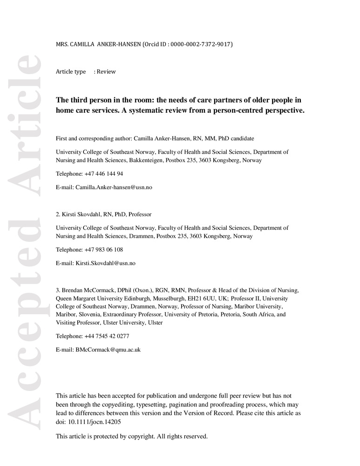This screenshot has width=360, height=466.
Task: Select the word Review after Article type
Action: pyautogui.click(x=106, y=72)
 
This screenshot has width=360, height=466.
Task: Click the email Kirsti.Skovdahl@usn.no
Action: pyautogui.click(x=105, y=263)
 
